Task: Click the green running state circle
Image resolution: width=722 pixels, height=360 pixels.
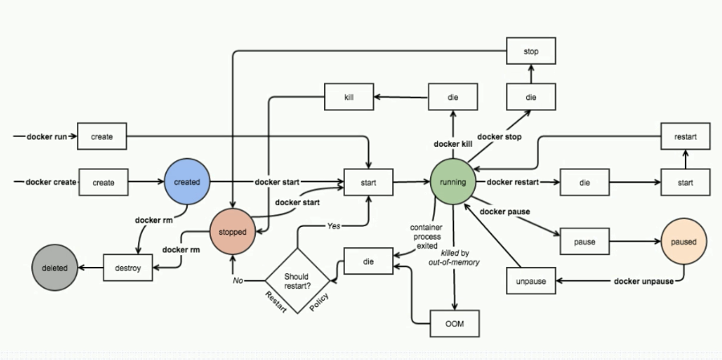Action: [x=453, y=182]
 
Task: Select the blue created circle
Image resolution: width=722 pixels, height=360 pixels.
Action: [x=187, y=182]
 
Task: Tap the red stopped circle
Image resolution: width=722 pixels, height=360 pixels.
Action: [x=233, y=232]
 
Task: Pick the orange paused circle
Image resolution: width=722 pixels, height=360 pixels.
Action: [x=683, y=241]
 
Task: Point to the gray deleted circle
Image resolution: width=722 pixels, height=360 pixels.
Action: [x=55, y=267]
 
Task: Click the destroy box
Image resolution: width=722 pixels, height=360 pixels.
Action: [x=128, y=267]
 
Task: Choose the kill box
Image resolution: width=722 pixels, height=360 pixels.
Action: [x=349, y=97]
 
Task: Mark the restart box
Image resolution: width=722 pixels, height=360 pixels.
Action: [x=684, y=136]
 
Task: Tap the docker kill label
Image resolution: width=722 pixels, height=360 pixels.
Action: [x=453, y=144]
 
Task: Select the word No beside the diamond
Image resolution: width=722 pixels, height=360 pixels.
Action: [x=238, y=281]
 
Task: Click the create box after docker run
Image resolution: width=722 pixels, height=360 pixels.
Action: [x=102, y=136]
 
